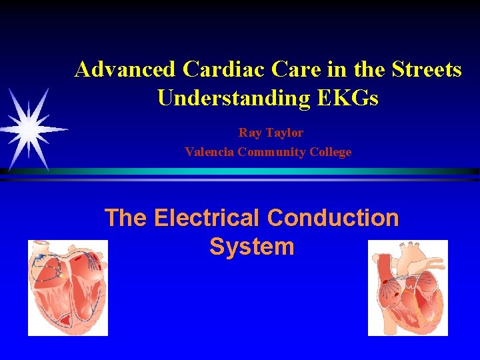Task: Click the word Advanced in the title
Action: [125, 69]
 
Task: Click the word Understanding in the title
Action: [233, 99]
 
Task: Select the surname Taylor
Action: [284, 133]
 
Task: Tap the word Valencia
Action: [209, 152]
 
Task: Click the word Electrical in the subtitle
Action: [207, 218]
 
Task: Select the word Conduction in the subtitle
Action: [333, 218]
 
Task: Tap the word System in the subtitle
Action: [251, 247]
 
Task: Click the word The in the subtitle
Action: [125, 218]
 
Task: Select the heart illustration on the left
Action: [67, 287]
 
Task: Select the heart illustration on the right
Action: [407, 287]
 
